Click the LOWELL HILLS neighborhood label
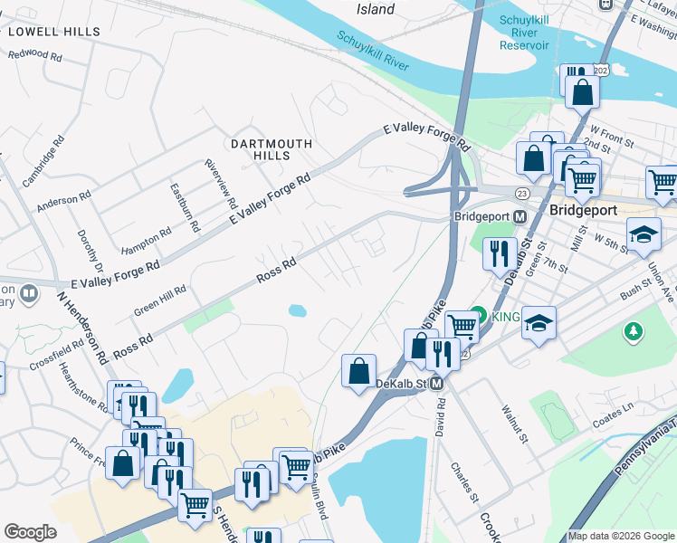[x=53, y=32]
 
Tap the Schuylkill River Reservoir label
[x=524, y=33]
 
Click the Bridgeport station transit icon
[x=520, y=217]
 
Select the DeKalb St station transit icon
[x=436, y=385]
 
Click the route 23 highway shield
[x=522, y=193]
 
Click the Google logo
[x=30, y=532]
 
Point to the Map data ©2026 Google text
[x=621, y=536]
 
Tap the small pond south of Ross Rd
[x=297, y=311]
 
